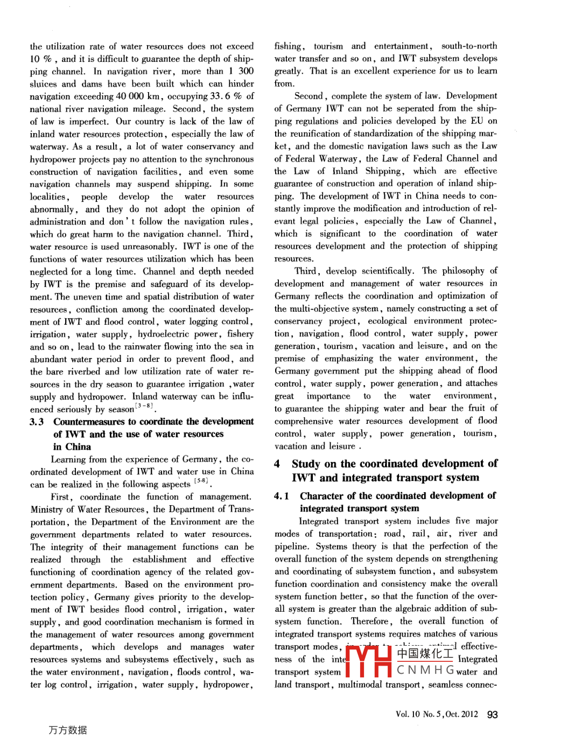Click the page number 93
pos(492,715)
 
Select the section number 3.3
pos(37,422)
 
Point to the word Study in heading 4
pos(306,464)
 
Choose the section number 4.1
pos(282,496)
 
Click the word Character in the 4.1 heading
pos(321,496)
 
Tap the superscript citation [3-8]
pos(144,406)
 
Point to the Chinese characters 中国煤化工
pos(425,654)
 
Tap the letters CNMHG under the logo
pos(426,670)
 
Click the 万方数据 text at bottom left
pos(68,730)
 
